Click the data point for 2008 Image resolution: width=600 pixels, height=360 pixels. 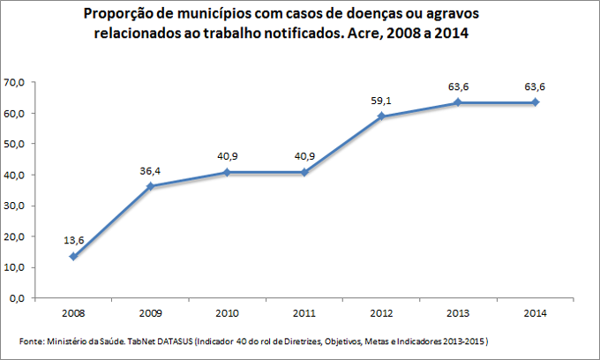click(72, 257)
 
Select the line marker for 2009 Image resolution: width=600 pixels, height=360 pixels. click(150, 186)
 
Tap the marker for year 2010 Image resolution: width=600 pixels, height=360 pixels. click(227, 172)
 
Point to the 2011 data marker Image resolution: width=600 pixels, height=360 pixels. click(304, 172)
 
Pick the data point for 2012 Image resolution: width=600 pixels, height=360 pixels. click(381, 116)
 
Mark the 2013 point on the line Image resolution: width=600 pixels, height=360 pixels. click(458, 102)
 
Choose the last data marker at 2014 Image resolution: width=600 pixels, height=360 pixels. click(536, 102)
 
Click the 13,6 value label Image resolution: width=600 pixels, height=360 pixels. click(72, 240)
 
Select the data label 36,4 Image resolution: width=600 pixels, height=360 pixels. click(150, 169)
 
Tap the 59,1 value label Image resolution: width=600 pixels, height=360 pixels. click(381, 100)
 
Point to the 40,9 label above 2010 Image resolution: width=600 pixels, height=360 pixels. click(227, 155)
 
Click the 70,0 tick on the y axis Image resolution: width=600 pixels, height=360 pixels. click(15, 83)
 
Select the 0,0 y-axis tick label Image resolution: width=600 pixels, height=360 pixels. click(18, 298)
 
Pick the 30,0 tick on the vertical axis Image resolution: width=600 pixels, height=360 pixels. click(15, 206)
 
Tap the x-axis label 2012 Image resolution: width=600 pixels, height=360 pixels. click(381, 312)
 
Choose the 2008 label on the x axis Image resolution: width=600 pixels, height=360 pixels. click(72, 312)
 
